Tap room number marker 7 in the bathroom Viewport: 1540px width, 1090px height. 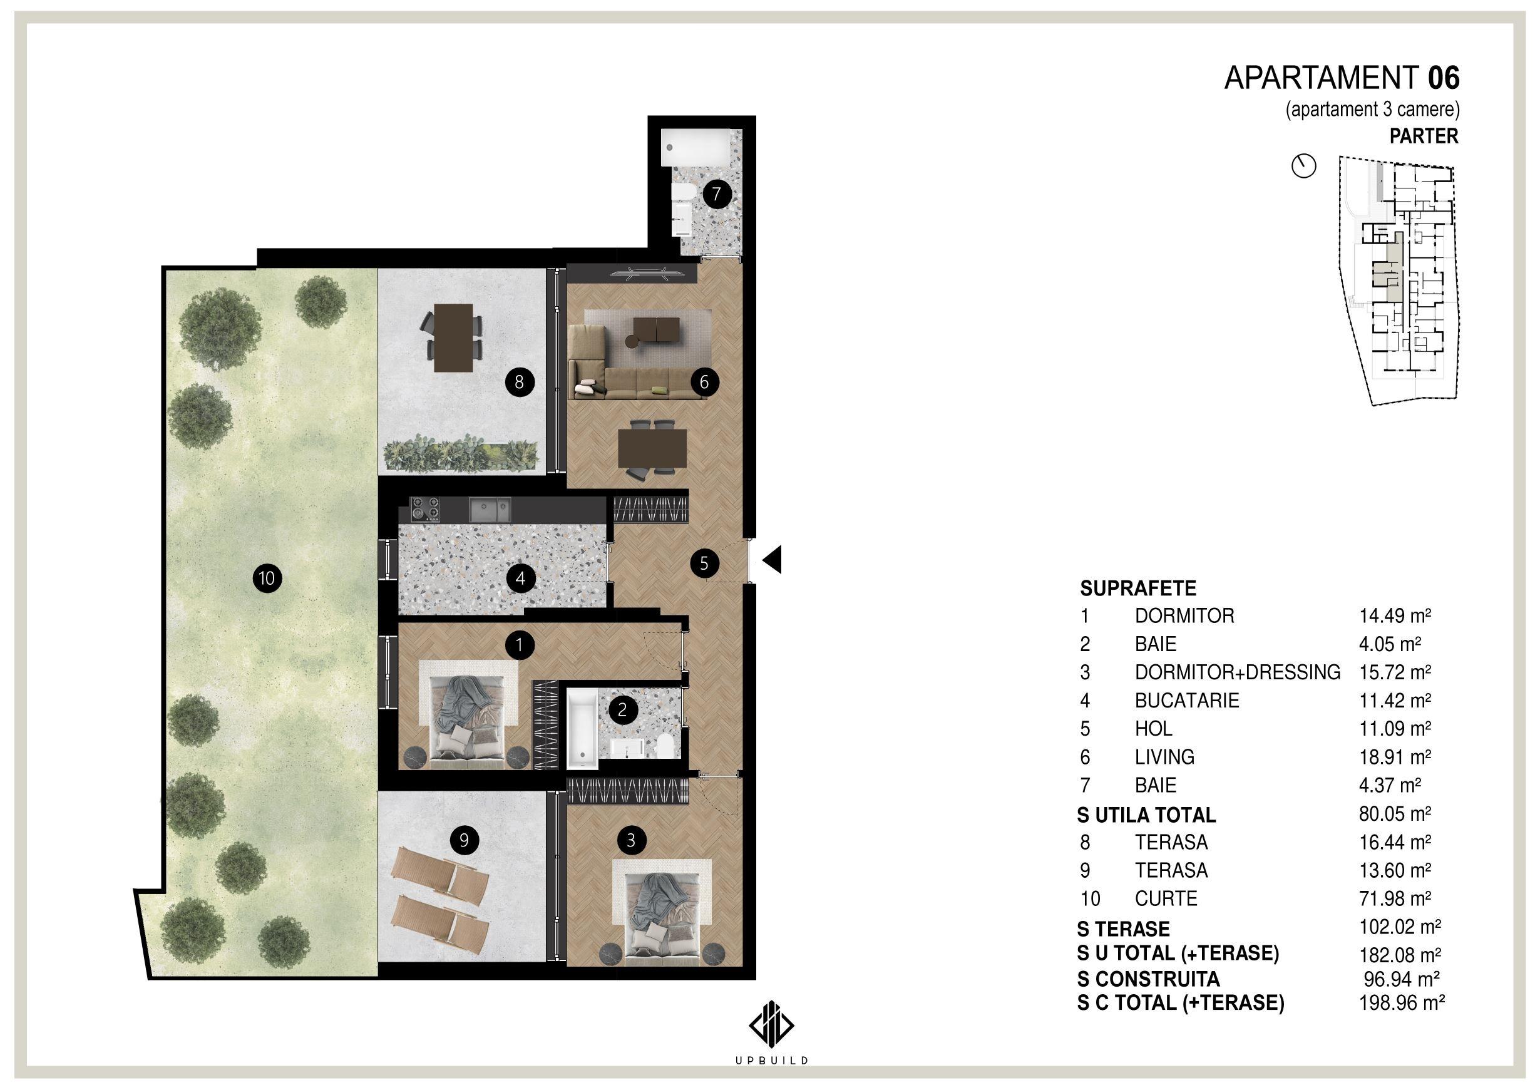(717, 195)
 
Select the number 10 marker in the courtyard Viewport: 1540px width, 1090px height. (267, 578)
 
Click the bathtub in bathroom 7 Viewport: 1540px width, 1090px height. (694, 148)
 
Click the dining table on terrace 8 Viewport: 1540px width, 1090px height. (454, 337)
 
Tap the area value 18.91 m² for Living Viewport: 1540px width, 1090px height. (1395, 756)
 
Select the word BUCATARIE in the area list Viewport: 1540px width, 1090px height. (1187, 701)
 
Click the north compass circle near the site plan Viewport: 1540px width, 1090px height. (1304, 167)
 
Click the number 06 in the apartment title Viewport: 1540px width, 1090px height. (1444, 78)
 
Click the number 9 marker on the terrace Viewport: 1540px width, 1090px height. (465, 840)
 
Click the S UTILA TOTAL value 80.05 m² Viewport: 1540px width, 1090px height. (1395, 814)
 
